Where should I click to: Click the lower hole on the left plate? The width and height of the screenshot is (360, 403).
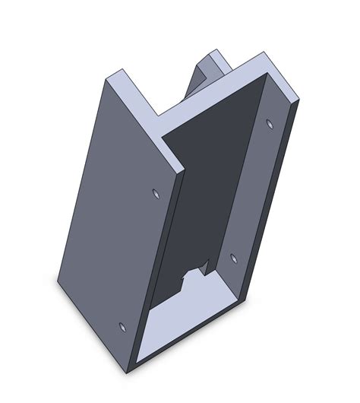[123, 327]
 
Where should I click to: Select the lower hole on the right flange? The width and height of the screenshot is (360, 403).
[233, 259]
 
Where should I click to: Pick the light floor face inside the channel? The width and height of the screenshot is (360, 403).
[182, 319]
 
